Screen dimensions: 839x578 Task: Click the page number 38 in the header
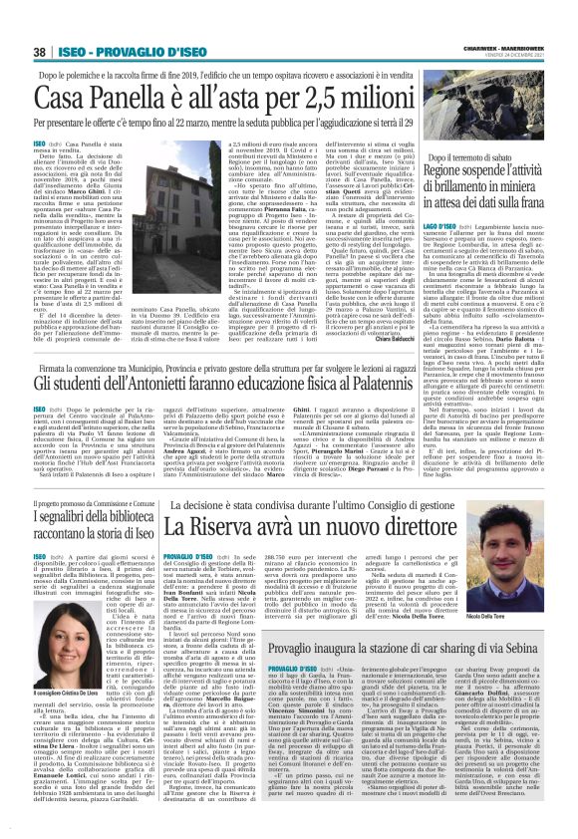coord(41,52)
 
